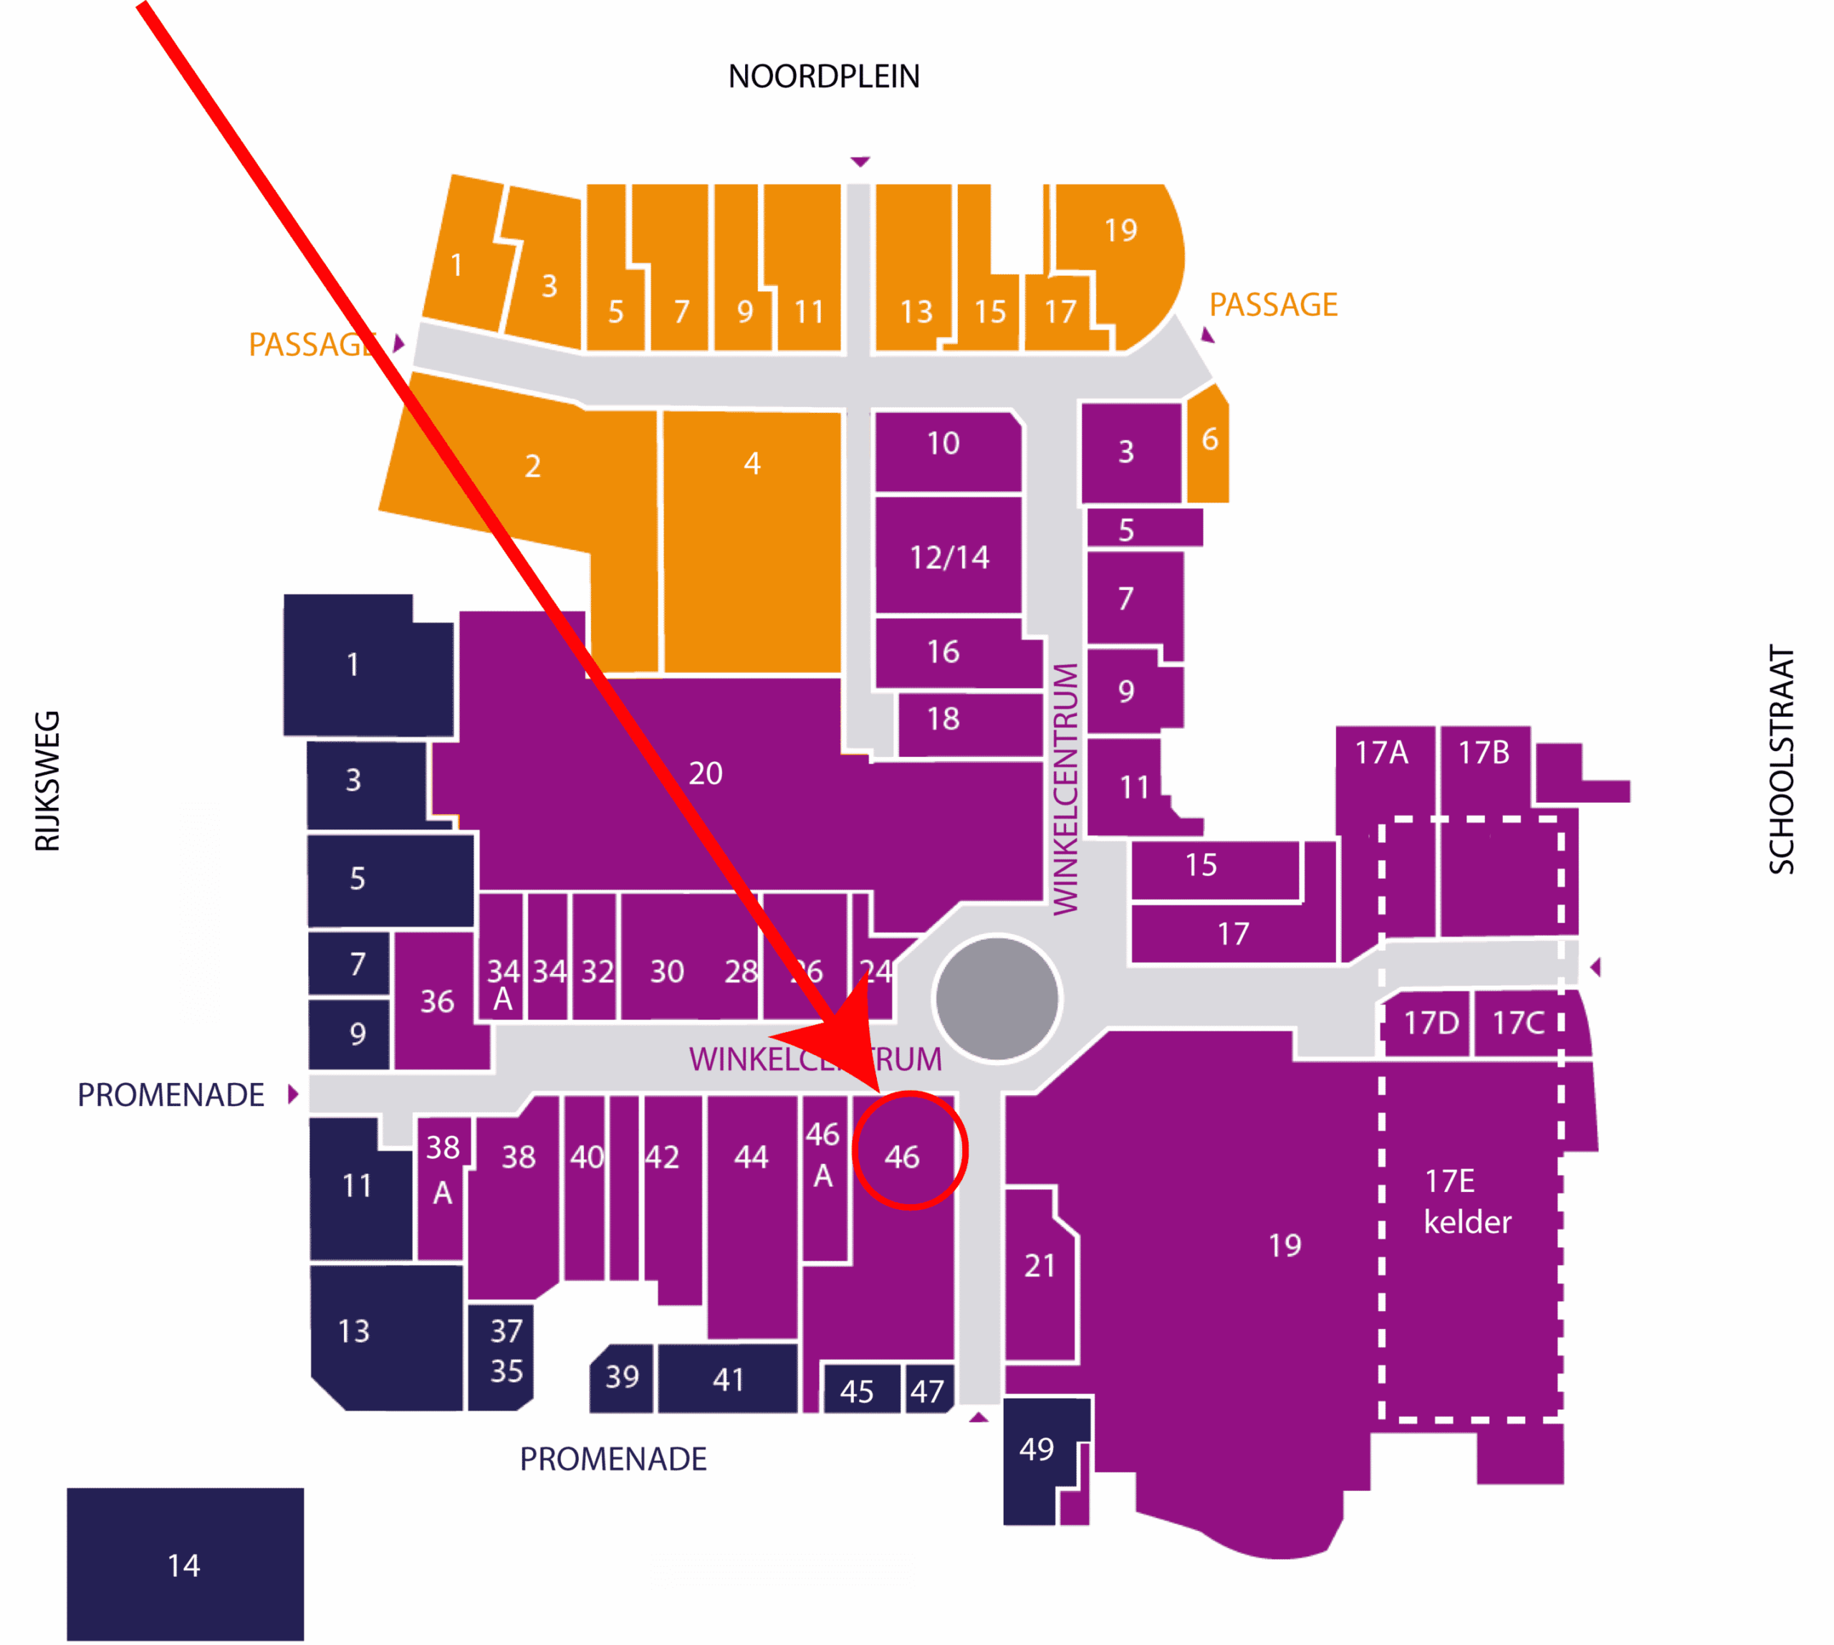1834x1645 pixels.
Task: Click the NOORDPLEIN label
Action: click(823, 77)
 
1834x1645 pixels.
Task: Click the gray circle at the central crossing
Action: click(997, 998)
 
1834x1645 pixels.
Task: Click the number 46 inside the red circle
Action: click(902, 1157)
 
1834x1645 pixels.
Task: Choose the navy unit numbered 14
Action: click(184, 1565)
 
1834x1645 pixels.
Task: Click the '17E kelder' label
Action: click(1465, 1201)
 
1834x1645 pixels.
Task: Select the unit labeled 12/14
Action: click(949, 557)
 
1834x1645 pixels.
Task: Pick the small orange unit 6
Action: click(1209, 440)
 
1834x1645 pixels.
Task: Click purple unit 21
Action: click(1039, 1265)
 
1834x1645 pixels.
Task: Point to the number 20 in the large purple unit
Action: click(705, 773)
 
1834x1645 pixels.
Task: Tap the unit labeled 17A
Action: click(1381, 753)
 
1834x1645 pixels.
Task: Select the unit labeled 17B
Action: click(1484, 753)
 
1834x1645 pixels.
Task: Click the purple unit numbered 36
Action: click(437, 1001)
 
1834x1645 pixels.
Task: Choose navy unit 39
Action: click(622, 1378)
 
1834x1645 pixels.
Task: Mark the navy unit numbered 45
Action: click(857, 1391)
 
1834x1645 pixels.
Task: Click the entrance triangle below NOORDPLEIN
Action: click(859, 162)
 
